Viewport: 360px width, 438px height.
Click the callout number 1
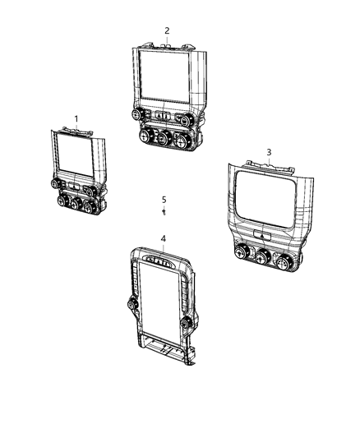[x=76, y=119]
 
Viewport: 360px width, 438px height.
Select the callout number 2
[x=167, y=30]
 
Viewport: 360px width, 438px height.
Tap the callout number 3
[x=268, y=152]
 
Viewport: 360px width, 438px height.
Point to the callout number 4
[x=163, y=239]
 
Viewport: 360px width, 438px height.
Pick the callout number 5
[x=164, y=200]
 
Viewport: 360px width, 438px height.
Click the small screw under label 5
[x=164, y=212]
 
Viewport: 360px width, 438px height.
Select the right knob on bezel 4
[x=188, y=322]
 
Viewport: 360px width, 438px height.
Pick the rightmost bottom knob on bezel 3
[x=284, y=261]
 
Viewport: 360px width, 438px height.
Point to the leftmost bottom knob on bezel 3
[x=242, y=253]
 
